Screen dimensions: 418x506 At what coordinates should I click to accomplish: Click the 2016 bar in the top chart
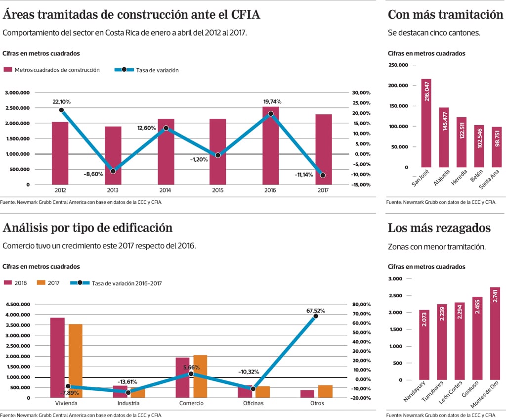(x=271, y=145)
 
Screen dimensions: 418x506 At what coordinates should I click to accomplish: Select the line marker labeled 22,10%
(x=61, y=110)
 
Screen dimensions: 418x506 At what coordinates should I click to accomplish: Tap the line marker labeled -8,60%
(x=113, y=171)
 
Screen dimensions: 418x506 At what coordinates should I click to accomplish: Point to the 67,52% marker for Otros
(x=316, y=316)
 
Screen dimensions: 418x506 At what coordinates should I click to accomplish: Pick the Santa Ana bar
(x=497, y=147)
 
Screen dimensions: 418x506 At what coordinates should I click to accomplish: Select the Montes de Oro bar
(x=495, y=333)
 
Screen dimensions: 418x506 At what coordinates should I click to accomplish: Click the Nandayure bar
(x=424, y=345)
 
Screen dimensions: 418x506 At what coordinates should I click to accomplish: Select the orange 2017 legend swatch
(x=41, y=282)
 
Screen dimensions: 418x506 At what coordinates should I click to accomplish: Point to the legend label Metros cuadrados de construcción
(x=57, y=70)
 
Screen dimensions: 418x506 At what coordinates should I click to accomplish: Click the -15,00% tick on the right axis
(x=361, y=185)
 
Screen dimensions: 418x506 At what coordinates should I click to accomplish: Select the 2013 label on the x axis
(x=113, y=190)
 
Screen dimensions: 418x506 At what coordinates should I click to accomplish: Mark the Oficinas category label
(x=253, y=404)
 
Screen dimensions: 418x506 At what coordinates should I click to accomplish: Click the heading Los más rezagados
(x=439, y=228)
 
